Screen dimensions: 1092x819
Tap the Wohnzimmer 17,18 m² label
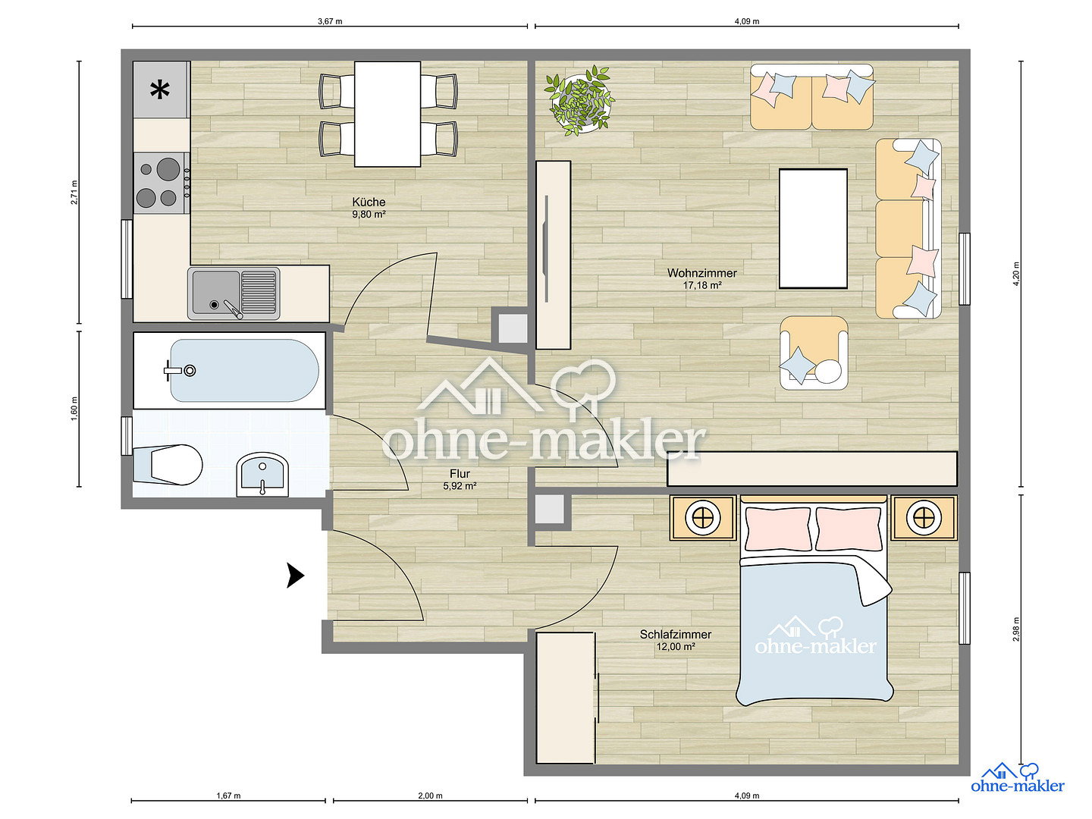point(701,279)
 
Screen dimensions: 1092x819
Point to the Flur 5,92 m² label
point(460,479)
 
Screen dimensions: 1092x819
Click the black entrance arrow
point(295,576)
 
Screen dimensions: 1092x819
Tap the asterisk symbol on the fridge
point(160,90)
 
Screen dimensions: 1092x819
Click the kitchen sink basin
point(216,293)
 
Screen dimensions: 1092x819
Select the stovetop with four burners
point(162,183)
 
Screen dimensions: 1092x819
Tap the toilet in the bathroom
point(168,464)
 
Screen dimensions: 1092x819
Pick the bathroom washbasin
point(262,475)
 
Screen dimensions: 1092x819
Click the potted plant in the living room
point(579,100)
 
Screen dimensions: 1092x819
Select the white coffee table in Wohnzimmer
point(813,228)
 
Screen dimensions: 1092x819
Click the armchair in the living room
point(814,353)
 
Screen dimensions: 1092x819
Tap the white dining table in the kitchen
point(388,114)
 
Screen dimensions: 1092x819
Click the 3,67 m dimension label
point(330,21)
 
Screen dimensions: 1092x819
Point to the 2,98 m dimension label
point(1016,630)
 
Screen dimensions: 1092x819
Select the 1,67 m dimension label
point(228,795)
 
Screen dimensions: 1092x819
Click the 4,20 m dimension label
point(1016,274)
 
